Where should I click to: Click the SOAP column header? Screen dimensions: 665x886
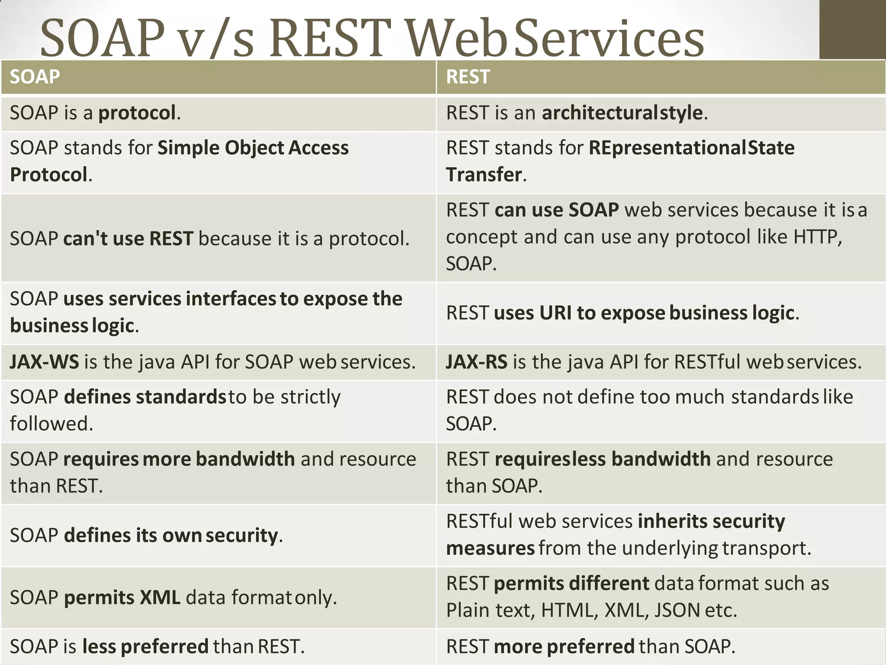35,77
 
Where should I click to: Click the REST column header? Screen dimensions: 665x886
468,77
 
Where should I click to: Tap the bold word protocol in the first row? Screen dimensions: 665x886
137,113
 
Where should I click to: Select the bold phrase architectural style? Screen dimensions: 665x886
622,113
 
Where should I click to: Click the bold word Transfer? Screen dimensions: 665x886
484,175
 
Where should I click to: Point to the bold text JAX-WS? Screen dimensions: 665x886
45,362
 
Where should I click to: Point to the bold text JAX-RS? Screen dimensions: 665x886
477,362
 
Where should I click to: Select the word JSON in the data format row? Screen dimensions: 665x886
677,610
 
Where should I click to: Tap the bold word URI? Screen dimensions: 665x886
555,313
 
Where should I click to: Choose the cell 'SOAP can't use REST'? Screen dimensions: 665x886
209,239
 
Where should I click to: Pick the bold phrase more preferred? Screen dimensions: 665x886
564,647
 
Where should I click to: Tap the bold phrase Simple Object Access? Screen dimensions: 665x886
253,148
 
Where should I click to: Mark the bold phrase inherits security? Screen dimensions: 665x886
711,521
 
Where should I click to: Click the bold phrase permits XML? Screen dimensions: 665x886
122,598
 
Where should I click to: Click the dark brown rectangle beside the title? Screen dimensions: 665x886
852,29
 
